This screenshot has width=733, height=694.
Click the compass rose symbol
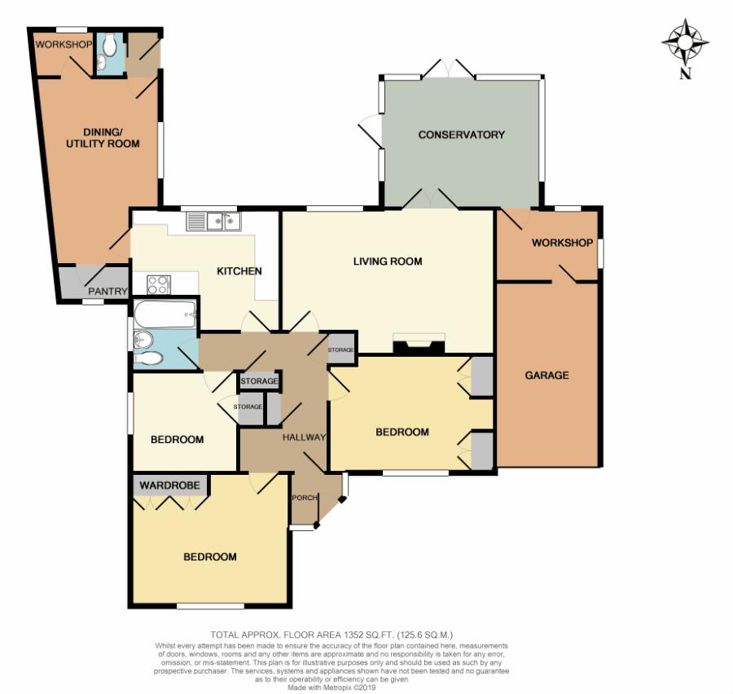(x=685, y=42)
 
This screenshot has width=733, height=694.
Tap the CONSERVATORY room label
(x=462, y=134)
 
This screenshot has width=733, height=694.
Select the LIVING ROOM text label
(x=388, y=261)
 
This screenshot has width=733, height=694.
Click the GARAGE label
(x=546, y=375)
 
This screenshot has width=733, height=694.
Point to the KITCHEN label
(x=239, y=270)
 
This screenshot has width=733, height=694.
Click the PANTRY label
(x=108, y=292)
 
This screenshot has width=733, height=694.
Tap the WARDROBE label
(x=169, y=485)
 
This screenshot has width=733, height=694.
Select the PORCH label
(x=305, y=498)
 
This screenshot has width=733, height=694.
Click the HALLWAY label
(x=304, y=437)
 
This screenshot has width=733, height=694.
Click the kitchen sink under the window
(x=213, y=222)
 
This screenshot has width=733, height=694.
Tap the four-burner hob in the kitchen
(x=159, y=285)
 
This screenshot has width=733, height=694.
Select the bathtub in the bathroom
(x=165, y=314)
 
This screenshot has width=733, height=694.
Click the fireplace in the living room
(x=419, y=345)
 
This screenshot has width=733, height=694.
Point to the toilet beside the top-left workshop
(x=110, y=45)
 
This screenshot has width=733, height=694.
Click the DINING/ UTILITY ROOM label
(x=103, y=138)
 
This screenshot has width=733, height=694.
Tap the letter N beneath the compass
(x=685, y=74)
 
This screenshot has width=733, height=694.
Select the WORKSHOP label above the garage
(x=562, y=243)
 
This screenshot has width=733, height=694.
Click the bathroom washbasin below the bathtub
(x=142, y=339)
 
